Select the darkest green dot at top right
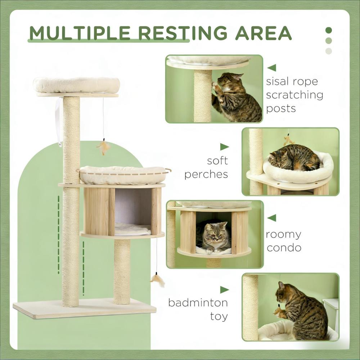[x=328, y=30]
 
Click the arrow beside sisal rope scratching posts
[x=272, y=68]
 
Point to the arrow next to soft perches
[x=224, y=147]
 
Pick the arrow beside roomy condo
[x=272, y=217]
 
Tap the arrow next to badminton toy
[x=224, y=289]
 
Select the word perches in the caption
[x=206, y=174]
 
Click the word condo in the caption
[x=283, y=248]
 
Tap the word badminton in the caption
[x=198, y=302]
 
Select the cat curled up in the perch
[x=294, y=158]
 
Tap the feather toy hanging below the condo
[x=158, y=280]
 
